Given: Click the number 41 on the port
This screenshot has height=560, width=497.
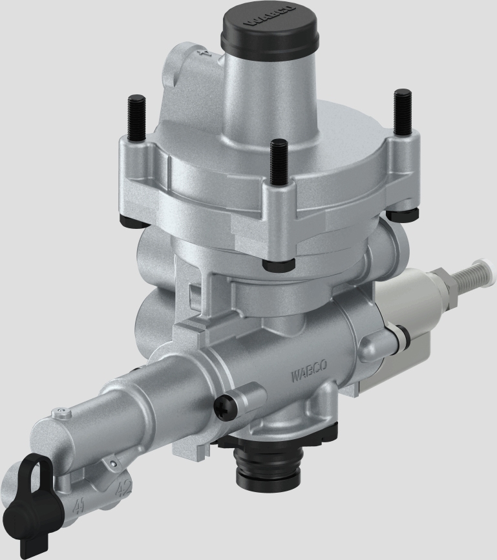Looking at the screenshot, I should pyautogui.click(x=80, y=503).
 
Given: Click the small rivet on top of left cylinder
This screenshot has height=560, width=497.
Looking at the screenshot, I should pyautogui.click(x=61, y=409).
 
